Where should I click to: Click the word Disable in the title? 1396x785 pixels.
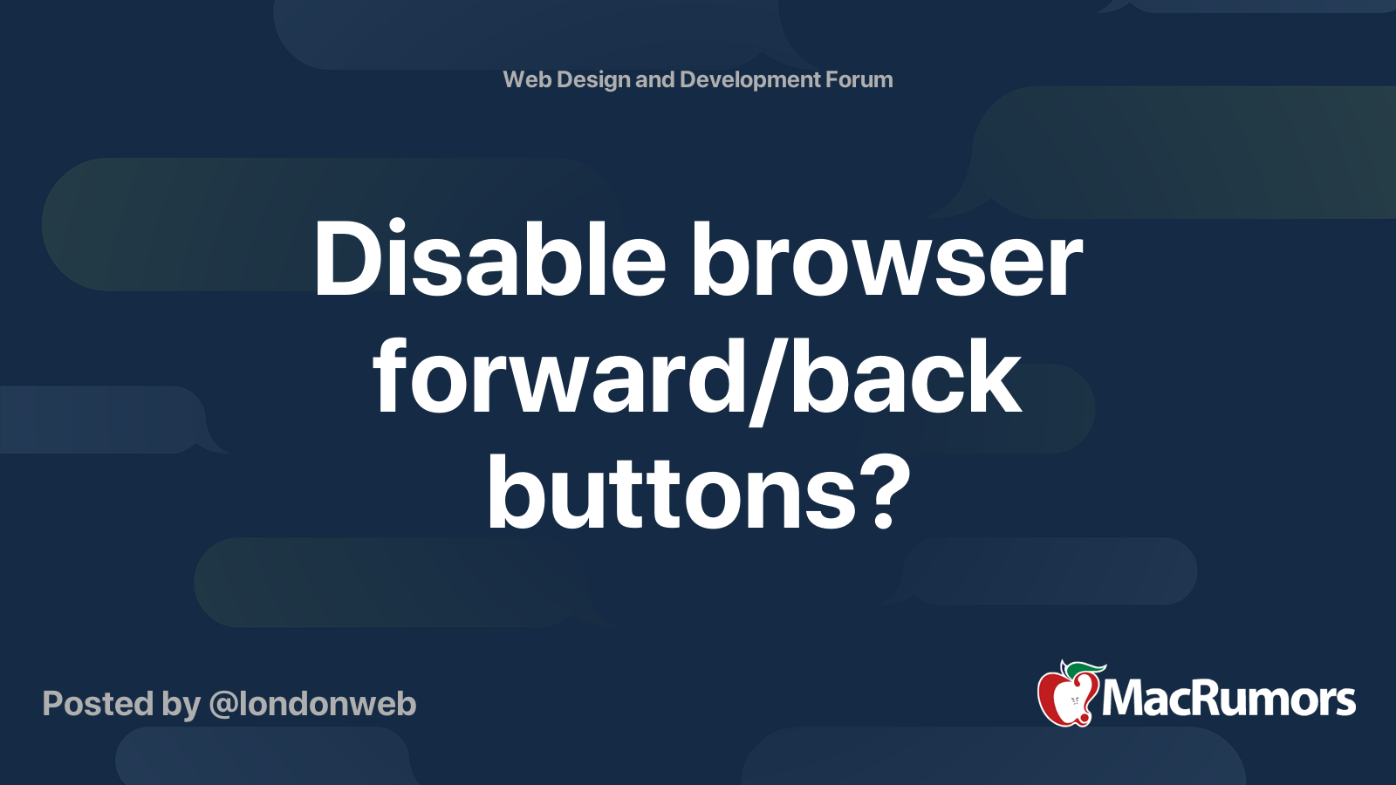tap(489, 258)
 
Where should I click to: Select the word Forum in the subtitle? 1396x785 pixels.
tap(859, 79)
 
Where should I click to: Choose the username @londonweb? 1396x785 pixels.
tap(312, 704)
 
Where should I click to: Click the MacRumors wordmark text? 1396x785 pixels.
tap(1228, 699)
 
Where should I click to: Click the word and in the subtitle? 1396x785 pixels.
tap(655, 79)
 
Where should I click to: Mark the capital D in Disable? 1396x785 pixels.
tap(348, 258)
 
